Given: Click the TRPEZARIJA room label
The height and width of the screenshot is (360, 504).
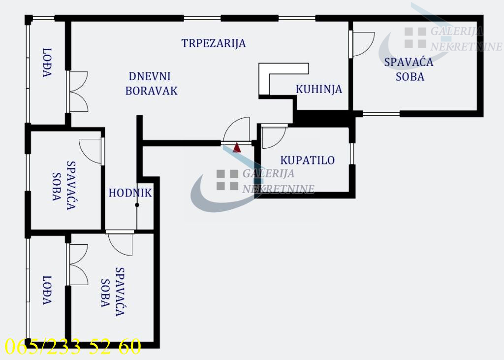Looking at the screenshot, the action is click(214, 43).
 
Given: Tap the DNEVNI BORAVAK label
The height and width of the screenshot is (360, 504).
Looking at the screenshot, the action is click(152, 84).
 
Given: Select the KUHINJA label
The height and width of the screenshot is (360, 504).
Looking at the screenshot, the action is click(319, 89).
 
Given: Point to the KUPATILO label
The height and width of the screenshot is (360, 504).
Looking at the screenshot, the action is click(308, 160).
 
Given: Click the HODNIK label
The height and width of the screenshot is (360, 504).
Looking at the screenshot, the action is click(130, 193).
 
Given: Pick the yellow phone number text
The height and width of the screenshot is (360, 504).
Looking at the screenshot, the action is click(73, 346).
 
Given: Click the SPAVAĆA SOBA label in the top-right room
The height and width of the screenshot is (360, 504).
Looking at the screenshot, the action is click(409, 69).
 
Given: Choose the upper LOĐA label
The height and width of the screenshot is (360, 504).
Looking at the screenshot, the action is click(47, 63).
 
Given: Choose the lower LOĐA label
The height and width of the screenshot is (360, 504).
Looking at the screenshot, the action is click(47, 290).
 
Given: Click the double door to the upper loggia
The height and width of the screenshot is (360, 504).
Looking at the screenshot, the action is click(78, 92).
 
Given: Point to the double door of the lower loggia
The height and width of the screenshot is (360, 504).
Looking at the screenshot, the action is click(78, 264).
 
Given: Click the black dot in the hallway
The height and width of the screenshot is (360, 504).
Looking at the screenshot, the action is click(137, 205).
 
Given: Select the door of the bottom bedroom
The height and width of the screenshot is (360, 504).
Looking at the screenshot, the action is click(120, 244).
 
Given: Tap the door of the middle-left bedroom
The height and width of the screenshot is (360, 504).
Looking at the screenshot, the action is click(91, 151).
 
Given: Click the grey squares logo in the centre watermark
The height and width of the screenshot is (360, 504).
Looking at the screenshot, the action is click(227, 180).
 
